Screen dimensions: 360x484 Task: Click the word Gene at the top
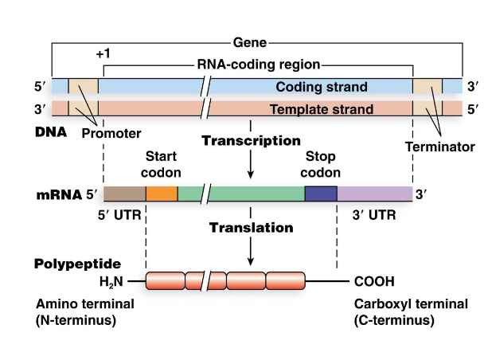click(x=250, y=41)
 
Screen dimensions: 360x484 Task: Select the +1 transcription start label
click(x=102, y=54)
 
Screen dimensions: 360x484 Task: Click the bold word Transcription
click(x=251, y=141)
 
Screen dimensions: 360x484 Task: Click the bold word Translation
click(x=251, y=228)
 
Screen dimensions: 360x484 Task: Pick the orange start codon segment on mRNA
click(x=161, y=193)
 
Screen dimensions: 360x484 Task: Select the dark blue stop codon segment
click(x=321, y=193)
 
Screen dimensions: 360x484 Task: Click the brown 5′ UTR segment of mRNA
click(x=124, y=193)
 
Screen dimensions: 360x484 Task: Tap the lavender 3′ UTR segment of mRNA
click(x=374, y=193)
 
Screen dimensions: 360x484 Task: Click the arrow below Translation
click(x=251, y=253)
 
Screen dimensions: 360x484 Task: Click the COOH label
click(x=373, y=281)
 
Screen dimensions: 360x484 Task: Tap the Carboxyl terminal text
click(x=394, y=304)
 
